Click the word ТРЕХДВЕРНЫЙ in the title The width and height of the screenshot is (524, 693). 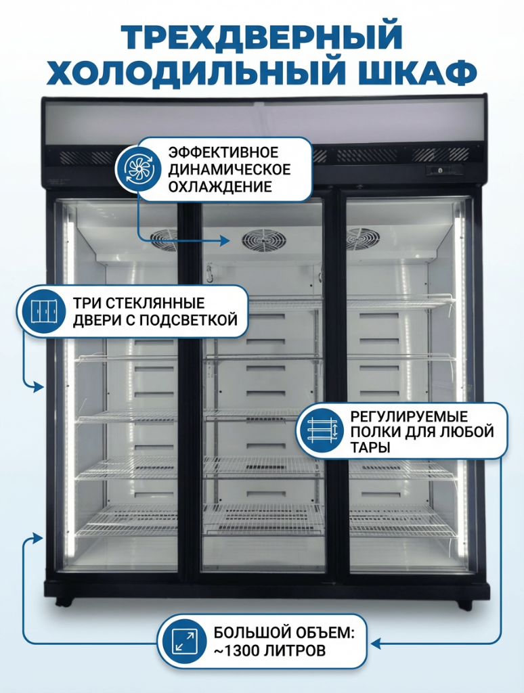tap(262, 37)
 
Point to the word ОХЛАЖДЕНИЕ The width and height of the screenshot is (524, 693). tap(220, 187)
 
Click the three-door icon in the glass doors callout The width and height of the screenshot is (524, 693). tap(43, 311)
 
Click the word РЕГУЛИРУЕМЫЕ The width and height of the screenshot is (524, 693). tap(409, 416)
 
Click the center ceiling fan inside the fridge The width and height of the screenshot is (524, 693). tap(263, 240)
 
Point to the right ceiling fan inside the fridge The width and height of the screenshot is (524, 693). tap(364, 239)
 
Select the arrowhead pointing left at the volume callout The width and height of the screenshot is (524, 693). tap(376, 643)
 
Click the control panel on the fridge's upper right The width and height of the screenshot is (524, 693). tap(445, 170)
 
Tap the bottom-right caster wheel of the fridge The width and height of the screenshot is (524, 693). tap(464, 604)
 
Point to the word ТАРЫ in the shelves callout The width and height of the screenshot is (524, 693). tap(370, 447)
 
